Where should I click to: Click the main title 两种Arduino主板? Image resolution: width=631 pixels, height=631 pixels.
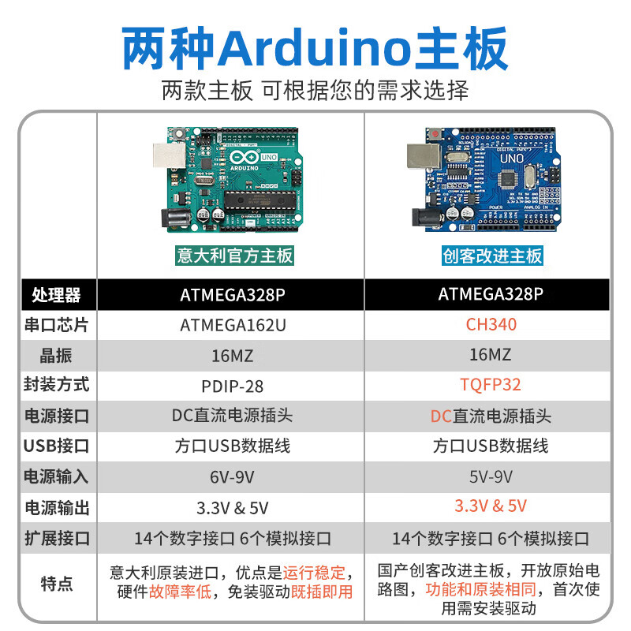pos(315,49)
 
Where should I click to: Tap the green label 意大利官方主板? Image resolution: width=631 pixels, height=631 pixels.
pos(234,255)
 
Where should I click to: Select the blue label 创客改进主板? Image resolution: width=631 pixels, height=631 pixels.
pos(492,255)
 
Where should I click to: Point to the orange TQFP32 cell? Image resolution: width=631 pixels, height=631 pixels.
pos(491,385)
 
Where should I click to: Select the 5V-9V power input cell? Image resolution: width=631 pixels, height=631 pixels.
pos(491,476)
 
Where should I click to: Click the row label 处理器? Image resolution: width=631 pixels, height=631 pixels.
pos(56,295)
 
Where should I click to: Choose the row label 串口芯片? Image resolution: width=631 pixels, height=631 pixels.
pos(56,325)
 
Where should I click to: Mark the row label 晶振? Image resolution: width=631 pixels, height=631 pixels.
pos(56,356)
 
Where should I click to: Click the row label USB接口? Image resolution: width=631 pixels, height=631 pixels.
pos(56,446)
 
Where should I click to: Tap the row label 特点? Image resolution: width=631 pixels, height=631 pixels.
pos(56,584)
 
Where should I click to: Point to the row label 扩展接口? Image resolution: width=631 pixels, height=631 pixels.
pos(56,539)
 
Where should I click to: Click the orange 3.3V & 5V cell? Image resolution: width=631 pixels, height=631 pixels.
pos(491,506)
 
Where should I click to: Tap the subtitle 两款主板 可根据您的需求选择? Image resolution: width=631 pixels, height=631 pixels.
pos(315,89)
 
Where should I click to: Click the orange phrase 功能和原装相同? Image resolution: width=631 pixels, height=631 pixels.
pos(481,590)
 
